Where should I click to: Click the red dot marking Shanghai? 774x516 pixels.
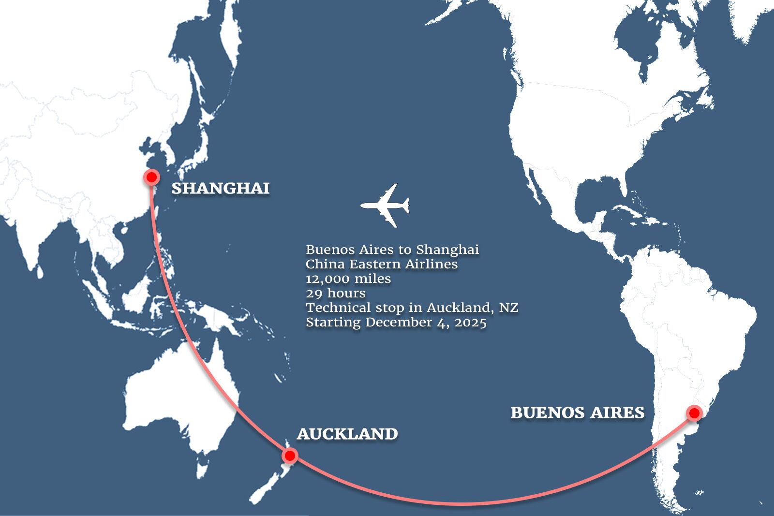[152, 177]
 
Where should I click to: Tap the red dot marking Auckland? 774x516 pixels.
[290, 456]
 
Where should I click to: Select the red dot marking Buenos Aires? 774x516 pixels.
[694, 413]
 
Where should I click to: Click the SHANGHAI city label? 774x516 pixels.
[221, 188]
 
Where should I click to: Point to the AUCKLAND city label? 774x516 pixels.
[347, 434]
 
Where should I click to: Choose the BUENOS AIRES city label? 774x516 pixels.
[578, 413]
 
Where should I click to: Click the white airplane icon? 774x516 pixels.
[386, 205]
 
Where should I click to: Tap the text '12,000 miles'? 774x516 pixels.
[348, 279]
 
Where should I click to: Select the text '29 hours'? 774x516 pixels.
[336, 293]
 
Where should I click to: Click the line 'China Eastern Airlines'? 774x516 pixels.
[382, 264]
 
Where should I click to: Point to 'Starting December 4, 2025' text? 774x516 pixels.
[396, 322]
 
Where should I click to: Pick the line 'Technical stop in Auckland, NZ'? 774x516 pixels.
[412, 308]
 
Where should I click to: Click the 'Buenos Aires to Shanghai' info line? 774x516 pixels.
[392, 250]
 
